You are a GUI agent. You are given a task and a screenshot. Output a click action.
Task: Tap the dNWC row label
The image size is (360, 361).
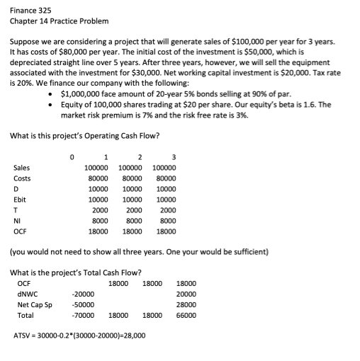coord(26,293)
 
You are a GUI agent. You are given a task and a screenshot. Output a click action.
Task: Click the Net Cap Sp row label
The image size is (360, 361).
coord(35,304)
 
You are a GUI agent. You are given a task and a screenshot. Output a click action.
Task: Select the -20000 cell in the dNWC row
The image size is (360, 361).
coord(84,293)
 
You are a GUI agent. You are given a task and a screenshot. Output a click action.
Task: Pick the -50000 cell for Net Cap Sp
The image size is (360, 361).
coord(84,304)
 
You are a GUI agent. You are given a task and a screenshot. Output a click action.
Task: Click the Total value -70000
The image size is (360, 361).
coord(84,315)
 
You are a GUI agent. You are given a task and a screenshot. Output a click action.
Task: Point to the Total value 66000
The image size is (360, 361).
coord(185,315)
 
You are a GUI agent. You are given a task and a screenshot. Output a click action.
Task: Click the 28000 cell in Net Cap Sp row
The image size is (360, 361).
coord(185,304)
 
